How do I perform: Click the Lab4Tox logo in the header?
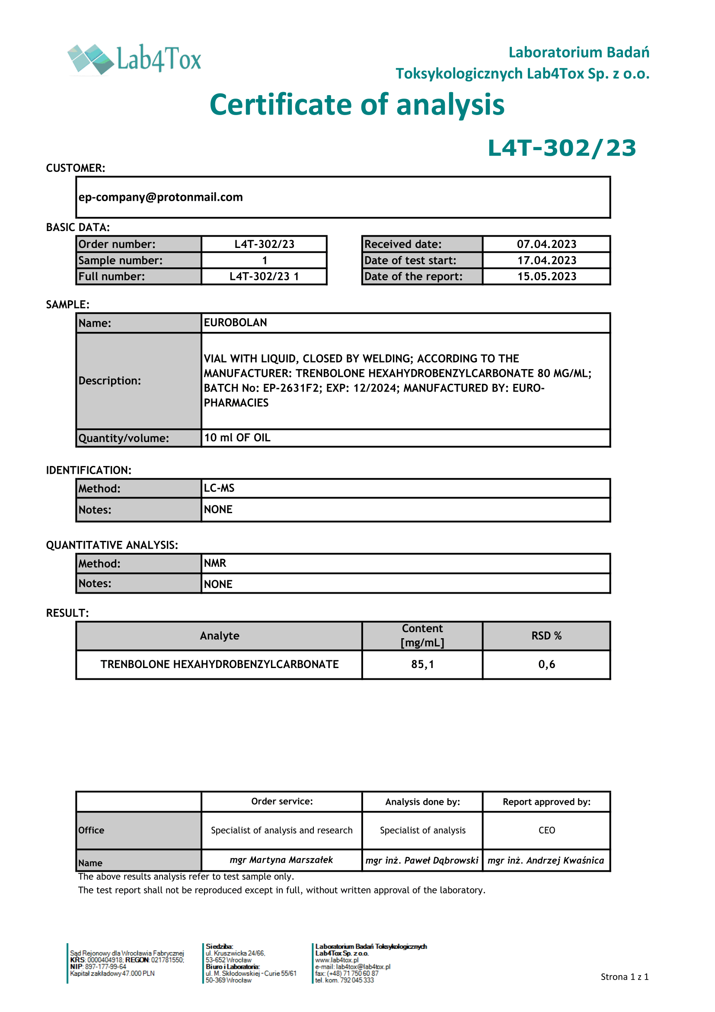click(x=134, y=59)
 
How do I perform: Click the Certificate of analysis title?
click(x=357, y=105)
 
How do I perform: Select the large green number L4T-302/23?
click(x=562, y=148)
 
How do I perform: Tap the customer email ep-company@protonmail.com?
click(x=161, y=197)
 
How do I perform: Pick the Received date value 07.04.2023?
click(x=546, y=244)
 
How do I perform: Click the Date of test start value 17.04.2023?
click(x=546, y=260)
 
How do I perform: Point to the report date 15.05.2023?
click(x=546, y=276)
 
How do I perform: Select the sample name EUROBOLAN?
click(x=236, y=323)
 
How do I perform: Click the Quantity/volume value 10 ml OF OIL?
click(x=237, y=438)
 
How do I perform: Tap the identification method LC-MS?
click(x=219, y=488)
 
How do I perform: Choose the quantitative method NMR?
click(x=215, y=563)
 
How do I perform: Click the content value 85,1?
click(x=423, y=664)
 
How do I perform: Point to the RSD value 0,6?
click(x=546, y=664)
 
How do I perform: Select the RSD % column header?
click(x=546, y=636)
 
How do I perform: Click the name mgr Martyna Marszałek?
click(x=281, y=860)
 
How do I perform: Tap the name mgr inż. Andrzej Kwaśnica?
click(x=546, y=861)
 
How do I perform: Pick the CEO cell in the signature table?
click(x=546, y=830)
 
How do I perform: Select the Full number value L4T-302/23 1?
click(x=264, y=276)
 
